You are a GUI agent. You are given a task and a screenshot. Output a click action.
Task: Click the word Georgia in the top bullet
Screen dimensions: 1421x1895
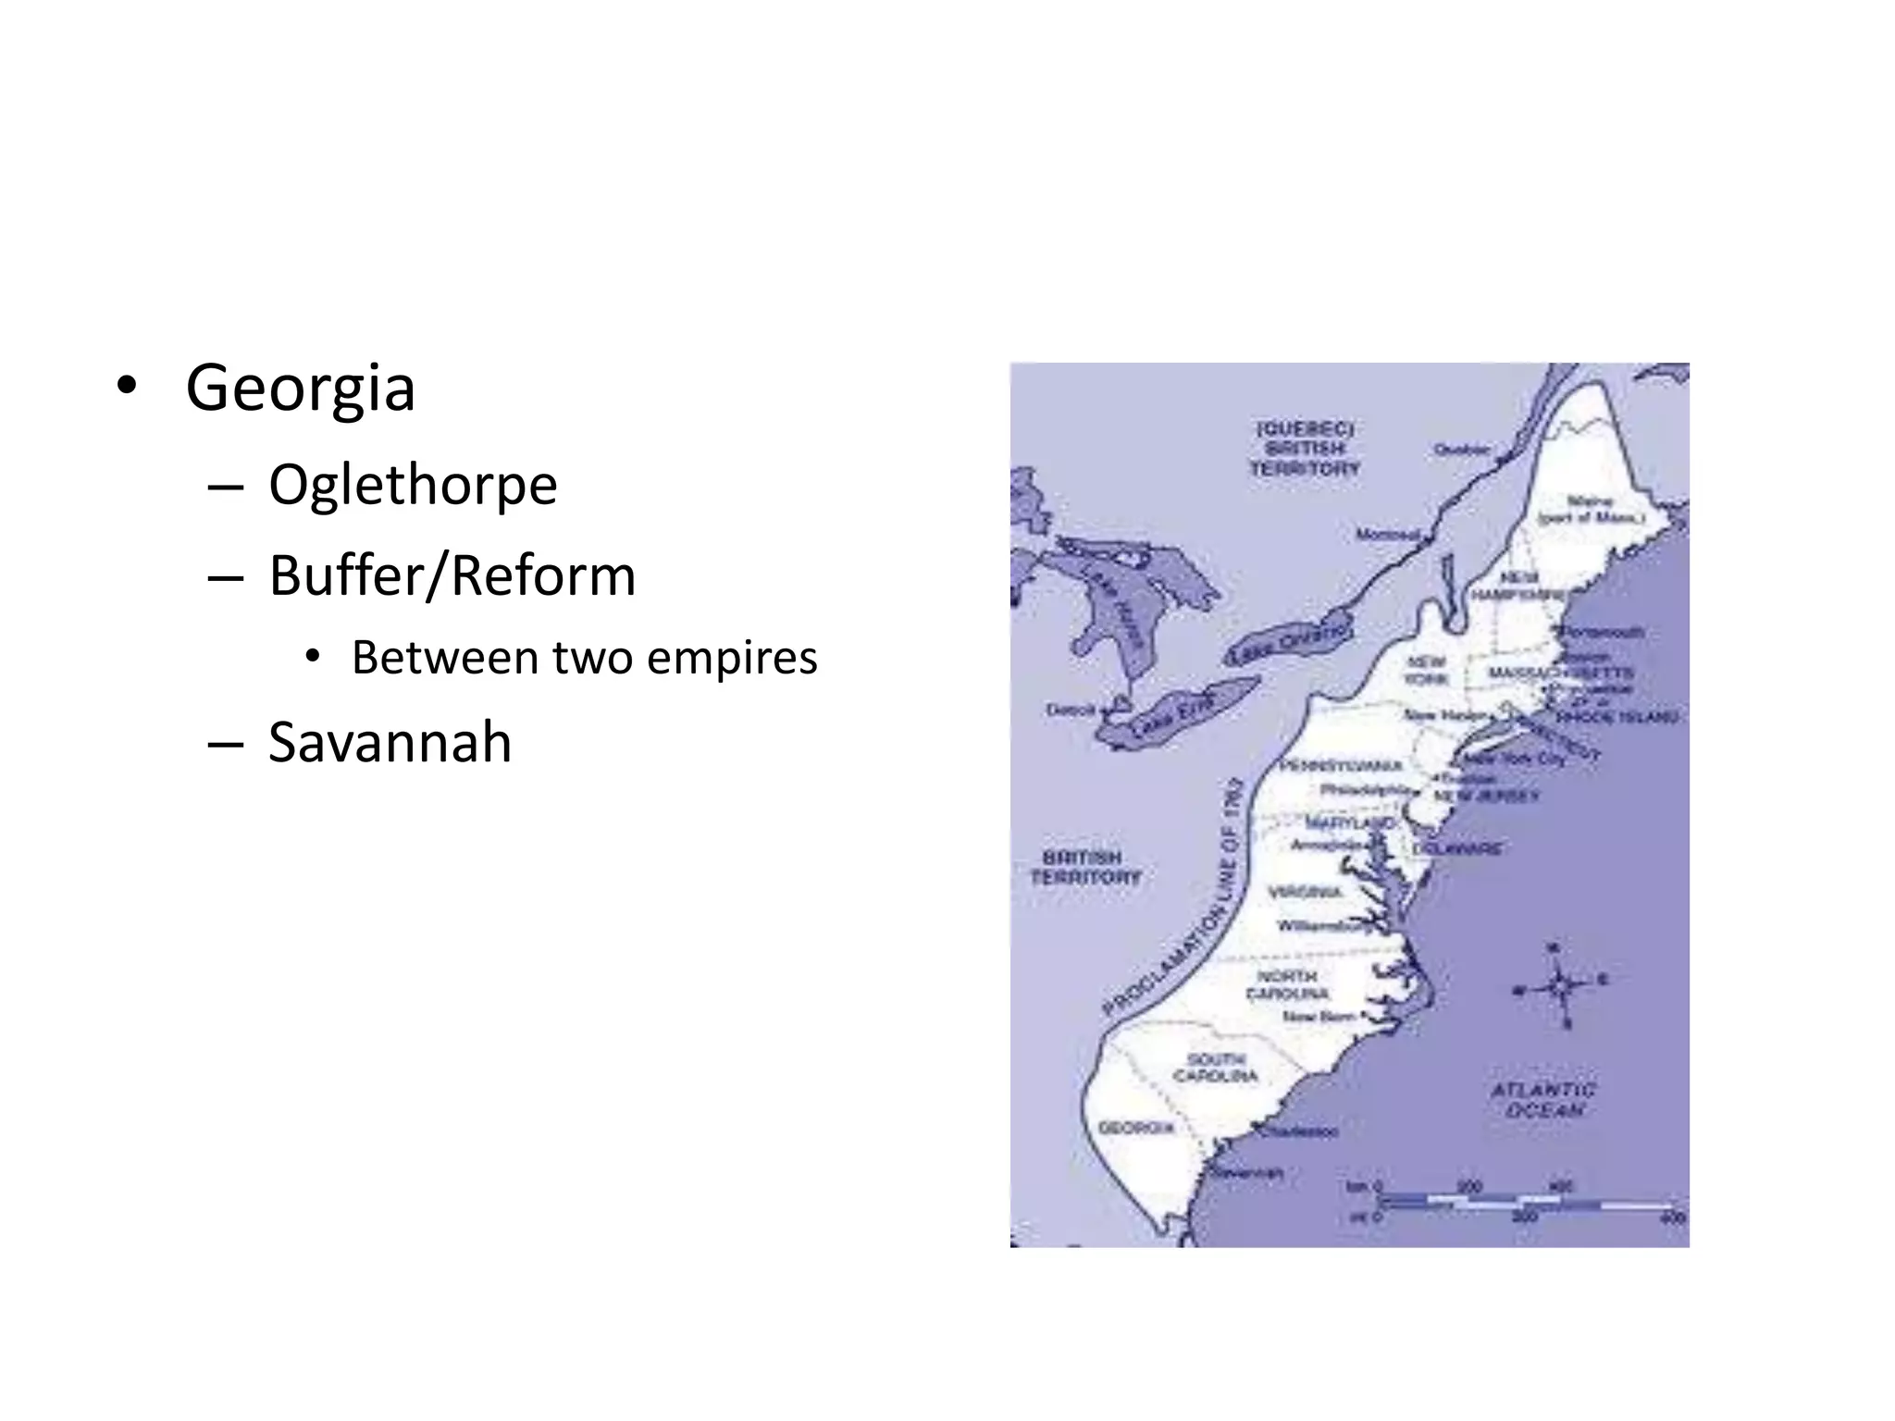(300, 389)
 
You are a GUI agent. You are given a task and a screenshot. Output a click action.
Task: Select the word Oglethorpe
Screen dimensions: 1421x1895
(413, 484)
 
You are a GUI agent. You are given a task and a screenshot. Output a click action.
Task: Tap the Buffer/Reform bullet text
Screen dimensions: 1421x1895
(452, 575)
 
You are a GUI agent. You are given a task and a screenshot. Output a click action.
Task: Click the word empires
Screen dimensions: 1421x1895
(732, 658)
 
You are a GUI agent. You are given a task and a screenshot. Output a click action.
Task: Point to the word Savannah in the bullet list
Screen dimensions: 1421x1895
(390, 742)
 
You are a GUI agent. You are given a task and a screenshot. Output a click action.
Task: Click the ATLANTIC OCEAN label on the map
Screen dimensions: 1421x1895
(1543, 1100)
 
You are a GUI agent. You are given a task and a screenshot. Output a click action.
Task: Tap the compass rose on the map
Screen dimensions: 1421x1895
(1560, 986)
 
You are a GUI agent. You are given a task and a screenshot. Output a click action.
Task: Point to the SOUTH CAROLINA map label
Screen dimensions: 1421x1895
(1216, 1068)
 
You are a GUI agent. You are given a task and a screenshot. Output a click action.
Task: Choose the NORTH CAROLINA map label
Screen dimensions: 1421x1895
(1287, 984)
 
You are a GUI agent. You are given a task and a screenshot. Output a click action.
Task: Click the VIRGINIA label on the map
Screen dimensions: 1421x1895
(1305, 892)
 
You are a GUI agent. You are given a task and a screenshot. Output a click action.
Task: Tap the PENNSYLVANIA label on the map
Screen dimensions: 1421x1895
(1342, 766)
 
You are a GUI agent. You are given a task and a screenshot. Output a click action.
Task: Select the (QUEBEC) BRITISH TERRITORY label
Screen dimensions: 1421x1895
(1305, 449)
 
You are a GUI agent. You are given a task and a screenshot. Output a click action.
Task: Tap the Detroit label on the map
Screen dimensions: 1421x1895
(1071, 710)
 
